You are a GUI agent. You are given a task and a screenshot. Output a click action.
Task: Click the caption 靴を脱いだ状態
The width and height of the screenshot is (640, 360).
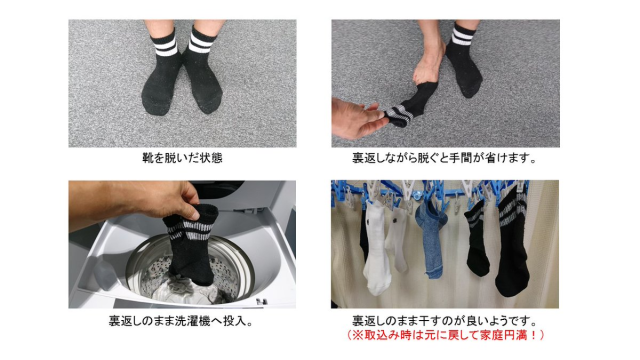coord(182,158)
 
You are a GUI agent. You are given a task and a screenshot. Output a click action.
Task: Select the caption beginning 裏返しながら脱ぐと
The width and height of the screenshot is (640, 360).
coord(444,158)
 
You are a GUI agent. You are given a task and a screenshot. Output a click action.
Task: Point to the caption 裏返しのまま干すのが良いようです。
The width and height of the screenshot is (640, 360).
coord(444,321)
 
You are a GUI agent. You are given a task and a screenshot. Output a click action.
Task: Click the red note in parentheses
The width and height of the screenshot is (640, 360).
coord(445,335)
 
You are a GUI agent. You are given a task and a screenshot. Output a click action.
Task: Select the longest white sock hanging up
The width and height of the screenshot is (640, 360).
coord(376,249)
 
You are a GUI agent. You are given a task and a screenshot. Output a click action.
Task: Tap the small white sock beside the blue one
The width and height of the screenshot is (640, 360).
coord(397,239)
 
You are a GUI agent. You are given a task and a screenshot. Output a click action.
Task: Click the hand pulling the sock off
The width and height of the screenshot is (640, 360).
coord(357,118)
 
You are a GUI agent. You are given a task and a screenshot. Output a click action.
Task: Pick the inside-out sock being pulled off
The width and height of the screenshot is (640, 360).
coord(410,105)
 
